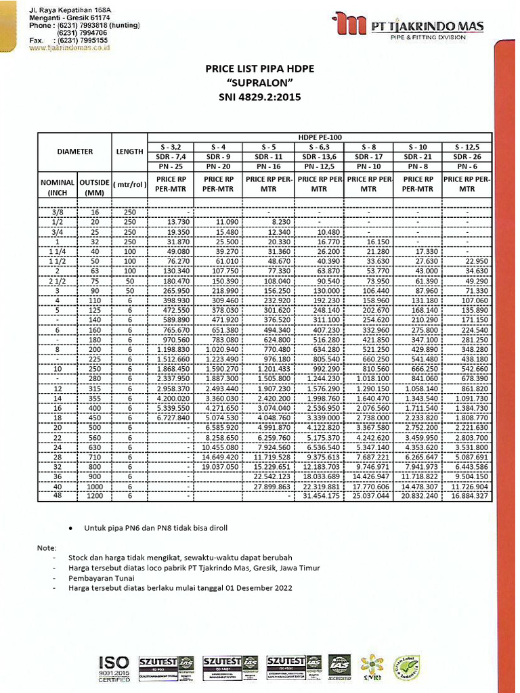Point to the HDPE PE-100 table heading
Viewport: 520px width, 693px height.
(320, 137)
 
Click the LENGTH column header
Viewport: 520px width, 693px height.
(129, 152)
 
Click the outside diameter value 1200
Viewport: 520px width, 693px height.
(92, 496)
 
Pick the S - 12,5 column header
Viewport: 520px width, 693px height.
(467, 147)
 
